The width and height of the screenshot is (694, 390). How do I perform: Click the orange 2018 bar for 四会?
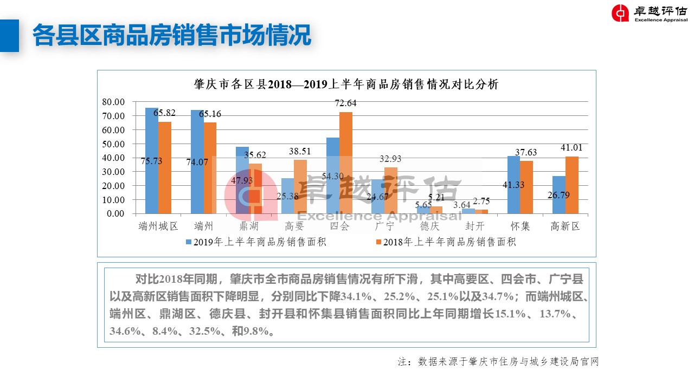click(x=346, y=162)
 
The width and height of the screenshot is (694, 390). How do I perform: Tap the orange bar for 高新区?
click(x=571, y=185)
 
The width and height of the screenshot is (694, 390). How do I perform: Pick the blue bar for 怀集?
click(x=513, y=185)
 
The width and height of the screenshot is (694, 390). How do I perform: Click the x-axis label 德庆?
click(x=429, y=226)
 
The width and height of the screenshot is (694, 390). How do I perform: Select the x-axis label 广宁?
click(x=384, y=226)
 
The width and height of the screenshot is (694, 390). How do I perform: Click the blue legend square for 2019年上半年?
click(x=189, y=242)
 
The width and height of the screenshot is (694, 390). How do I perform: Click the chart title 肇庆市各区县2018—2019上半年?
click(x=346, y=84)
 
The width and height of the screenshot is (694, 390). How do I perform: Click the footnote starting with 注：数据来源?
click(x=498, y=361)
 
